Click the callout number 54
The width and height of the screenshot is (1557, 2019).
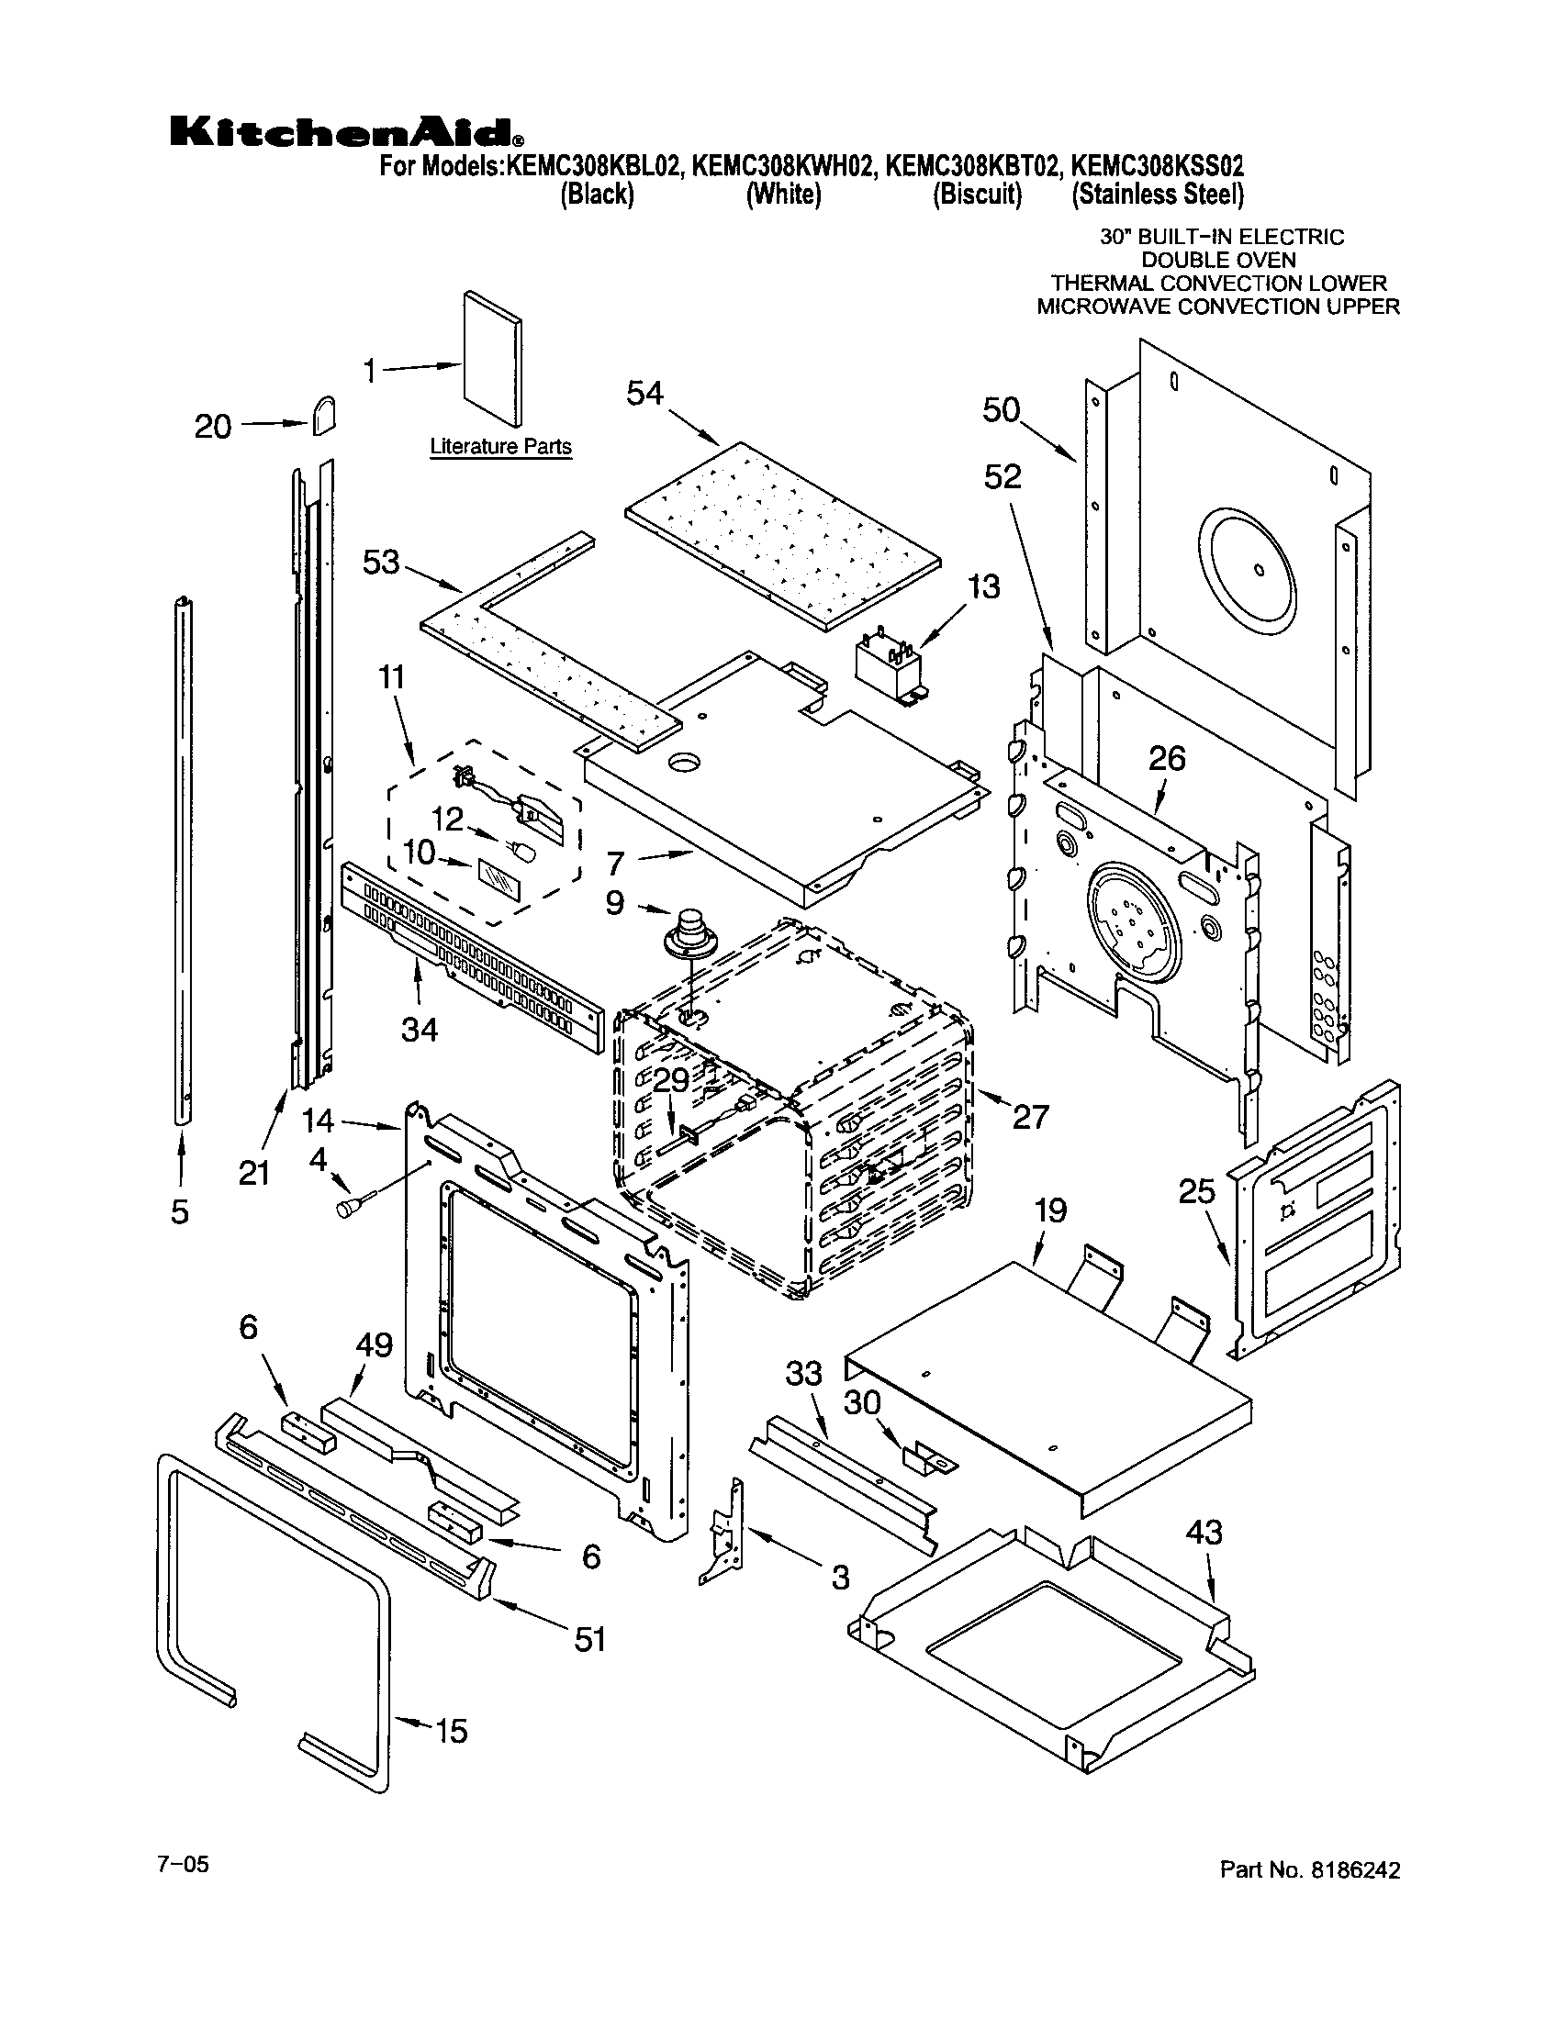(644, 394)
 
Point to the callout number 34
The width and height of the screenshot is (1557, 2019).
(419, 1029)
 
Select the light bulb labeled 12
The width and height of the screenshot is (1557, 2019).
(523, 850)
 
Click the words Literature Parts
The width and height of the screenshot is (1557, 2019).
(501, 448)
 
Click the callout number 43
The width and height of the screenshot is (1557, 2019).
(1203, 1533)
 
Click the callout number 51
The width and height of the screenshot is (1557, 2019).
(589, 1640)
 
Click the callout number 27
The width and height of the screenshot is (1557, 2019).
(1030, 1117)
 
